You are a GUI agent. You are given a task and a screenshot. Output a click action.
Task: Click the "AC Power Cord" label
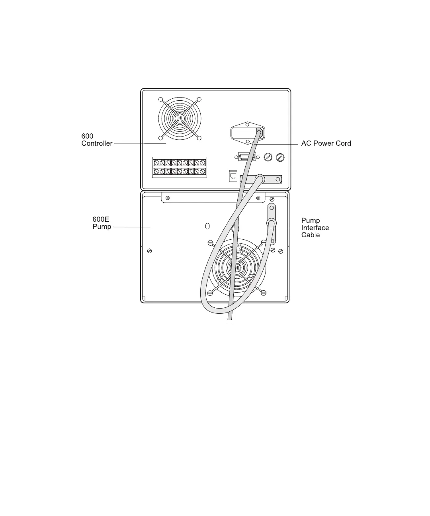coord(326,143)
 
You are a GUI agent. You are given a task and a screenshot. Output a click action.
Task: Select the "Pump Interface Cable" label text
coord(315,228)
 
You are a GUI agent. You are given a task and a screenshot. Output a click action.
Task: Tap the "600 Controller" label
coord(97,140)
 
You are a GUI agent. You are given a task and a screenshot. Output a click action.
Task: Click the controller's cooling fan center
coord(180,119)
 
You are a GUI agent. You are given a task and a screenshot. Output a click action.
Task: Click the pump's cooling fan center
coord(236,267)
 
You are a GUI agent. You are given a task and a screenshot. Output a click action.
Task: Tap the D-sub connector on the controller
coord(247,157)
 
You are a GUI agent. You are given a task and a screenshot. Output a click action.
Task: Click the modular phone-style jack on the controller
coord(233,176)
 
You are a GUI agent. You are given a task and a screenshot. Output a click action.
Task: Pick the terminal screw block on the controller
coord(180,167)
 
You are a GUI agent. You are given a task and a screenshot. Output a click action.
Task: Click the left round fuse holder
coord(268,157)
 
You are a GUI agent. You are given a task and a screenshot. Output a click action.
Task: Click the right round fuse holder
coord(280,157)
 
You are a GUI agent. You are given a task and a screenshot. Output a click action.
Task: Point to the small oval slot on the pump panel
coord(207,227)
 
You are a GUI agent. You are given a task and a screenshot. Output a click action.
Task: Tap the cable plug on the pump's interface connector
coord(271,223)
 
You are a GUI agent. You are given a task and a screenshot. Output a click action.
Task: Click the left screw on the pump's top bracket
coord(167,197)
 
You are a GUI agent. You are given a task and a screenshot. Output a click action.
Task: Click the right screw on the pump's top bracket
coord(258,197)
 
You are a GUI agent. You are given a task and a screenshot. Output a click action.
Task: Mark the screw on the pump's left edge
coord(149,250)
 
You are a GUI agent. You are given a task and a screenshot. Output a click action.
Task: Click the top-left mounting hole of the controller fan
coord(160,100)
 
